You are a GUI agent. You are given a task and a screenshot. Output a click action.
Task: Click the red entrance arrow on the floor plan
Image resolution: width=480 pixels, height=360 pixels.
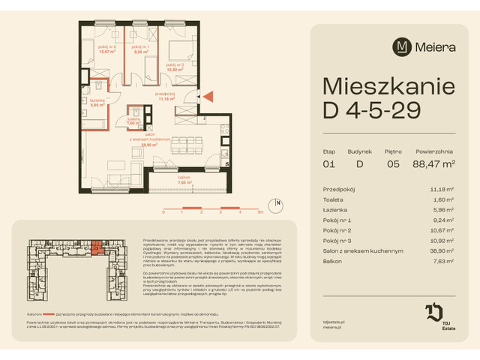(210, 95)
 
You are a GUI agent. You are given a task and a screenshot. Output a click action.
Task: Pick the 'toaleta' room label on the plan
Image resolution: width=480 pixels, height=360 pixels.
(133, 121)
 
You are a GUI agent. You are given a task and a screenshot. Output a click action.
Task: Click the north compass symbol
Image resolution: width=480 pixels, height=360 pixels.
(278, 203)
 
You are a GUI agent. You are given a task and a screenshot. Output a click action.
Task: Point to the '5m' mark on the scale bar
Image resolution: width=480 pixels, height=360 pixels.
(259, 213)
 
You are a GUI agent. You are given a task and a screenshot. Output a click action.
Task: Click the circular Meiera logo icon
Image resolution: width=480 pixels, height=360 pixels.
(403, 46)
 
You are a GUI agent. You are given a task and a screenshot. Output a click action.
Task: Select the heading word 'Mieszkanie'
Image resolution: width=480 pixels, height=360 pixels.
(387, 82)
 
